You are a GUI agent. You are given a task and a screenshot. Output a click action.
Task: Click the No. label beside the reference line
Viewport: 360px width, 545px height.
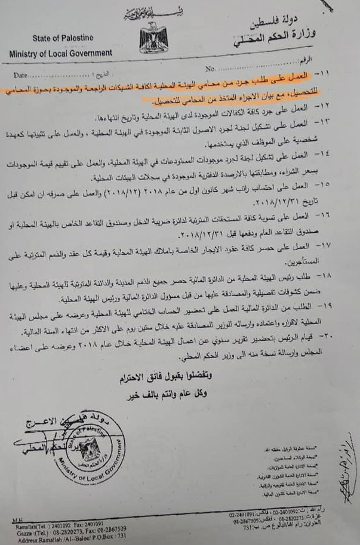[210, 69]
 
